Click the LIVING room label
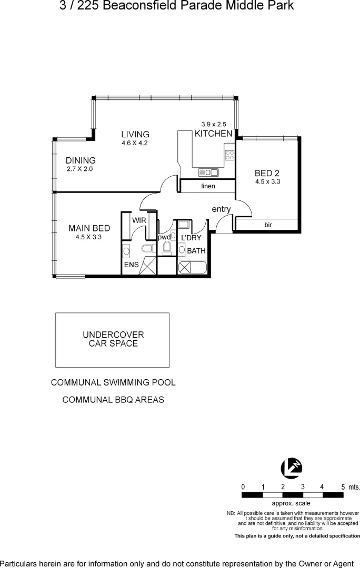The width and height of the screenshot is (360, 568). [135, 135]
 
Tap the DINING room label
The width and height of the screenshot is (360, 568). [81, 161]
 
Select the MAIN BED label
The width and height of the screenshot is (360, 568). [89, 228]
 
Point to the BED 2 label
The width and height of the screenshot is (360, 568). [266, 173]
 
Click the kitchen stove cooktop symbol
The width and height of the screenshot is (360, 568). [229, 155]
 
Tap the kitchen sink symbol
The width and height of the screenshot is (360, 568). [208, 172]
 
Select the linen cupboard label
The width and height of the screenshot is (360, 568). [208, 186]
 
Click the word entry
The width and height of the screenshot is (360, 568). [221, 209]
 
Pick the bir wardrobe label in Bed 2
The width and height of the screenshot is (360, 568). [268, 225]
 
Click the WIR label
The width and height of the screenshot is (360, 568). [139, 220]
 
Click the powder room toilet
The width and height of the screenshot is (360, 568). [167, 248]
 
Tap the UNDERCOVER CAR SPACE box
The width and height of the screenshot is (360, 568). [113, 340]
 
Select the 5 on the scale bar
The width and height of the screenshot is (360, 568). [343, 487]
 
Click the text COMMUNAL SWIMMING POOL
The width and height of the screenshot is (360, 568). [113, 383]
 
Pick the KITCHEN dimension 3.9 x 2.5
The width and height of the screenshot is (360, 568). [213, 124]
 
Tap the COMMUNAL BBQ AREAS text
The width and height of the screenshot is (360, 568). [113, 400]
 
